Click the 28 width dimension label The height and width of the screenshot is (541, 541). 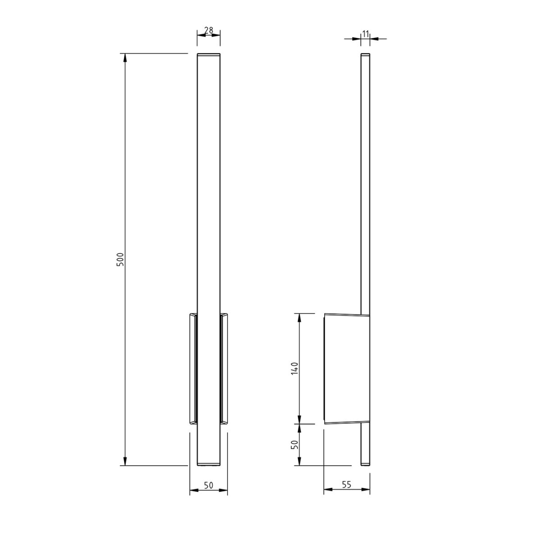209,31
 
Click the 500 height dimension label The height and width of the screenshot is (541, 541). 120,260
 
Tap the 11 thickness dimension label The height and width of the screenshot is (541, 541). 365,33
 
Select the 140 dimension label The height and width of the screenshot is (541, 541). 294,368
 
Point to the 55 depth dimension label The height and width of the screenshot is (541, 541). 346,485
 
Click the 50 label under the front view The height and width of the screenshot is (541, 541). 208,486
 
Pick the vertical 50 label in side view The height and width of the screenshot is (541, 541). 294,445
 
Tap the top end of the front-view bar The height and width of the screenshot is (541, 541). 209,55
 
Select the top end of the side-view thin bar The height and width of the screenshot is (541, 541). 365,55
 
